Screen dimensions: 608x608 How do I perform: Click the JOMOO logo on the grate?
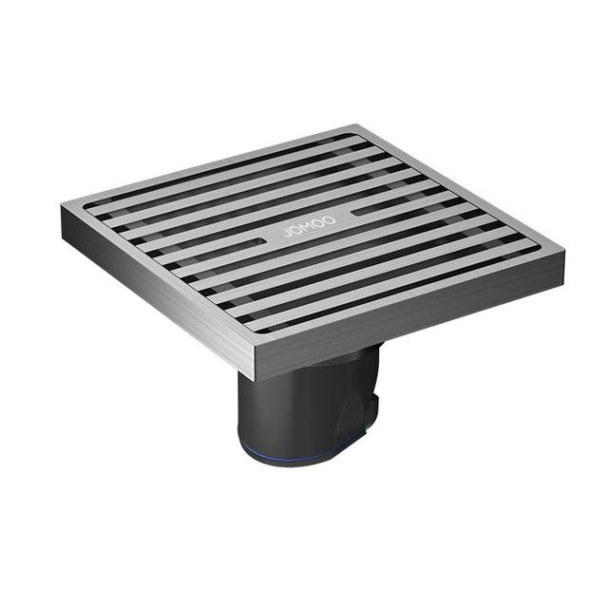pos(310,226)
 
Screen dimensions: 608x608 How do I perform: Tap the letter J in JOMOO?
pos(287,233)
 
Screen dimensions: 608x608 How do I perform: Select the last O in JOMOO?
pos(330,219)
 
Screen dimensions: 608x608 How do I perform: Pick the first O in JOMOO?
pos(296,230)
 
